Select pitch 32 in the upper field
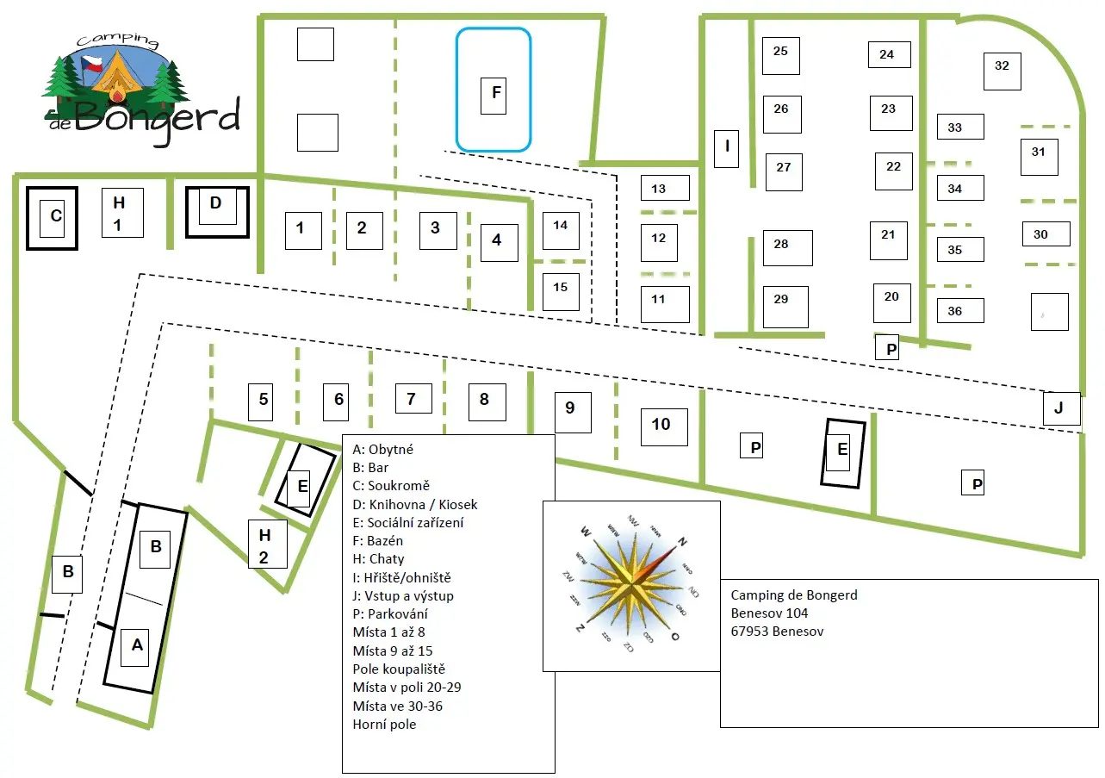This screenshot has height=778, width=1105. tap(1002, 70)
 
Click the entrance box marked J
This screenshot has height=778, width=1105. tap(1059, 408)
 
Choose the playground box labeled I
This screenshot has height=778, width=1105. tap(726, 148)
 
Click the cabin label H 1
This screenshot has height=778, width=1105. tap(120, 213)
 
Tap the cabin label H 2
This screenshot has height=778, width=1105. tap(264, 545)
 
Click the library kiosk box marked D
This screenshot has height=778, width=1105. tap(216, 205)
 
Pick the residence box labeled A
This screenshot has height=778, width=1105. tap(136, 645)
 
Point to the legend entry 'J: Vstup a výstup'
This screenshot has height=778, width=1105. tap(403, 596)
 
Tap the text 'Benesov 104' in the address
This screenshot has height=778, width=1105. tap(769, 613)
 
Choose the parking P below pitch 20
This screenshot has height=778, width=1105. tap(891, 349)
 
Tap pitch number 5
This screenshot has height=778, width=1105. tap(264, 399)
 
